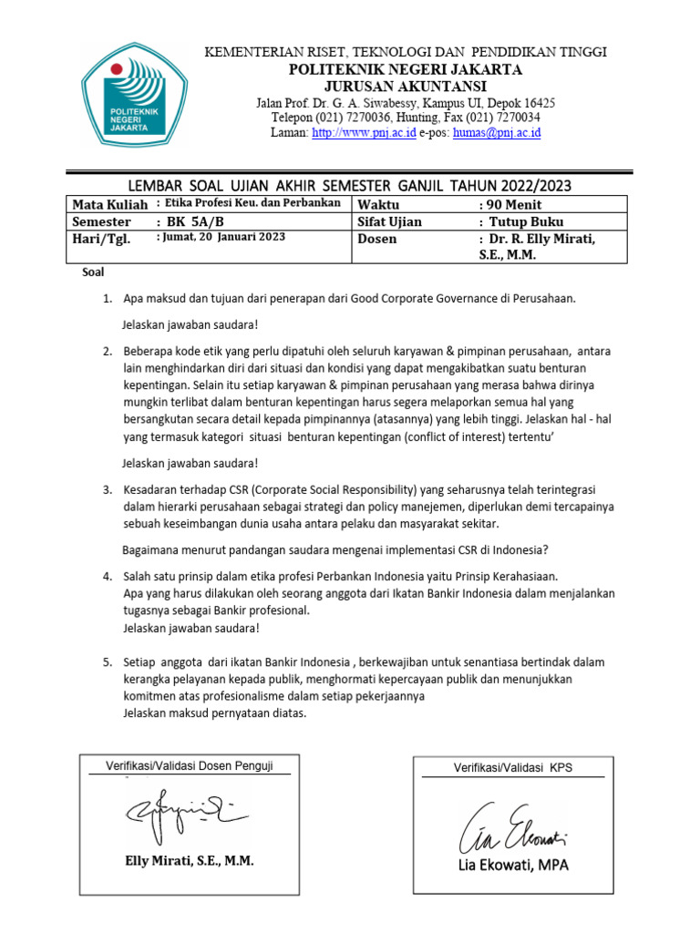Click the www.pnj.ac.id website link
click(364, 132)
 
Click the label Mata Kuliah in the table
click(109, 204)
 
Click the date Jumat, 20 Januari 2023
click(221, 237)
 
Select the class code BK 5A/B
click(190, 221)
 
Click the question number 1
click(107, 298)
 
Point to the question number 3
click(107, 490)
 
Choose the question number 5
click(107, 661)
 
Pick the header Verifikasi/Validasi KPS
click(513, 768)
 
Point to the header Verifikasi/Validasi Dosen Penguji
click(190, 765)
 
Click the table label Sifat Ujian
click(390, 221)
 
